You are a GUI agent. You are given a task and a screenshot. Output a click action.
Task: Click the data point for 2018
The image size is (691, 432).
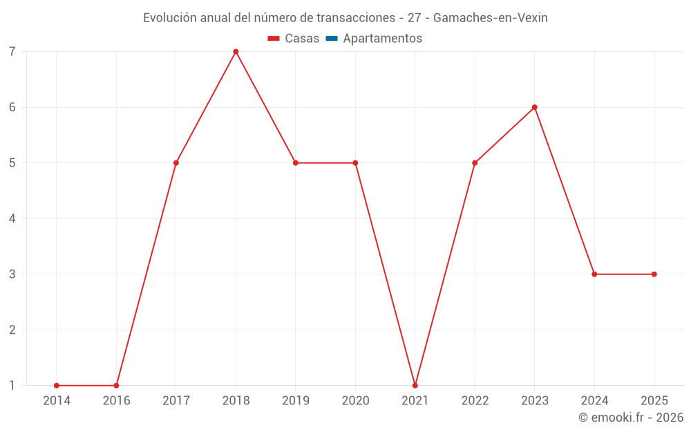click(236, 52)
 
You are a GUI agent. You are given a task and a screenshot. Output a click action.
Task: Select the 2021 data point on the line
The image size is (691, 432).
click(415, 386)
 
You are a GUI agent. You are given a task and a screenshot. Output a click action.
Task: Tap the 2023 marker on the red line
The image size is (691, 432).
click(535, 107)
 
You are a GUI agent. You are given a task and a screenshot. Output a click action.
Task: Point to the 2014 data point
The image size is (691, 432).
click(57, 386)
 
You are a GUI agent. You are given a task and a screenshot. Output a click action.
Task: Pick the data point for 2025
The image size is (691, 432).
click(654, 274)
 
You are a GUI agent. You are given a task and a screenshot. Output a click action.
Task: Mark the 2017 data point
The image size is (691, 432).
click(176, 163)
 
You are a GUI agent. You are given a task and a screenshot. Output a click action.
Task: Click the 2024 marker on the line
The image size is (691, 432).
click(594, 274)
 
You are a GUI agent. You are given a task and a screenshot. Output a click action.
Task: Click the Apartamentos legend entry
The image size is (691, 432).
click(382, 39)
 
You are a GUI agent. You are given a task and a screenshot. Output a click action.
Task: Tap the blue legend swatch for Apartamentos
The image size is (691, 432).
click(331, 39)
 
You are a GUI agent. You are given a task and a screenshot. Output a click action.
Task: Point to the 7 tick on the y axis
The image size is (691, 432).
click(12, 52)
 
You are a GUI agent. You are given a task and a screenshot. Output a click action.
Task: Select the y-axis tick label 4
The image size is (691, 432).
click(12, 218)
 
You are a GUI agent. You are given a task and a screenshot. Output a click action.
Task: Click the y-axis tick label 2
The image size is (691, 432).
click(12, 330)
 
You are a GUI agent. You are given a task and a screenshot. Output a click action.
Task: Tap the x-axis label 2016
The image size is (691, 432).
click(116, 400)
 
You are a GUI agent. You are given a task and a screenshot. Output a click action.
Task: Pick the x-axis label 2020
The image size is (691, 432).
click(355, 400)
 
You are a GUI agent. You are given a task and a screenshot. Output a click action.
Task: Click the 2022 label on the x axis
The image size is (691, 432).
click(475, 400)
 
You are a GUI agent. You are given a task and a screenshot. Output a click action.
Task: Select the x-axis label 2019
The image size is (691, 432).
click(296, 400)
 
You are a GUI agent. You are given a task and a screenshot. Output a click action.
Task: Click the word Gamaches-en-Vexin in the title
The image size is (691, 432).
click(490, 18)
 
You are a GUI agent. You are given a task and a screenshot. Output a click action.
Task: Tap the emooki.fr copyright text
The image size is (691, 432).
click(631, 417)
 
